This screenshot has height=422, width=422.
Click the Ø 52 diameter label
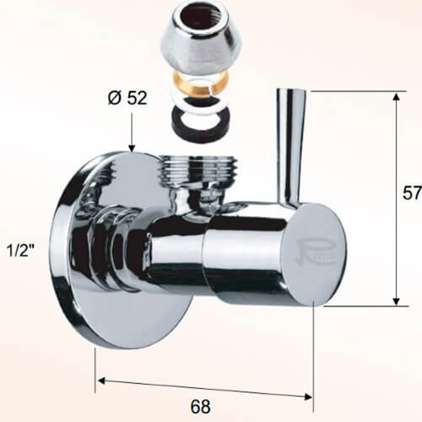127,97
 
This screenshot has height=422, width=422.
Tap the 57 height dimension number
411,192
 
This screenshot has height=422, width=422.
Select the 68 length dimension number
200,407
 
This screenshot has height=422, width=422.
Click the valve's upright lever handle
290,143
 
